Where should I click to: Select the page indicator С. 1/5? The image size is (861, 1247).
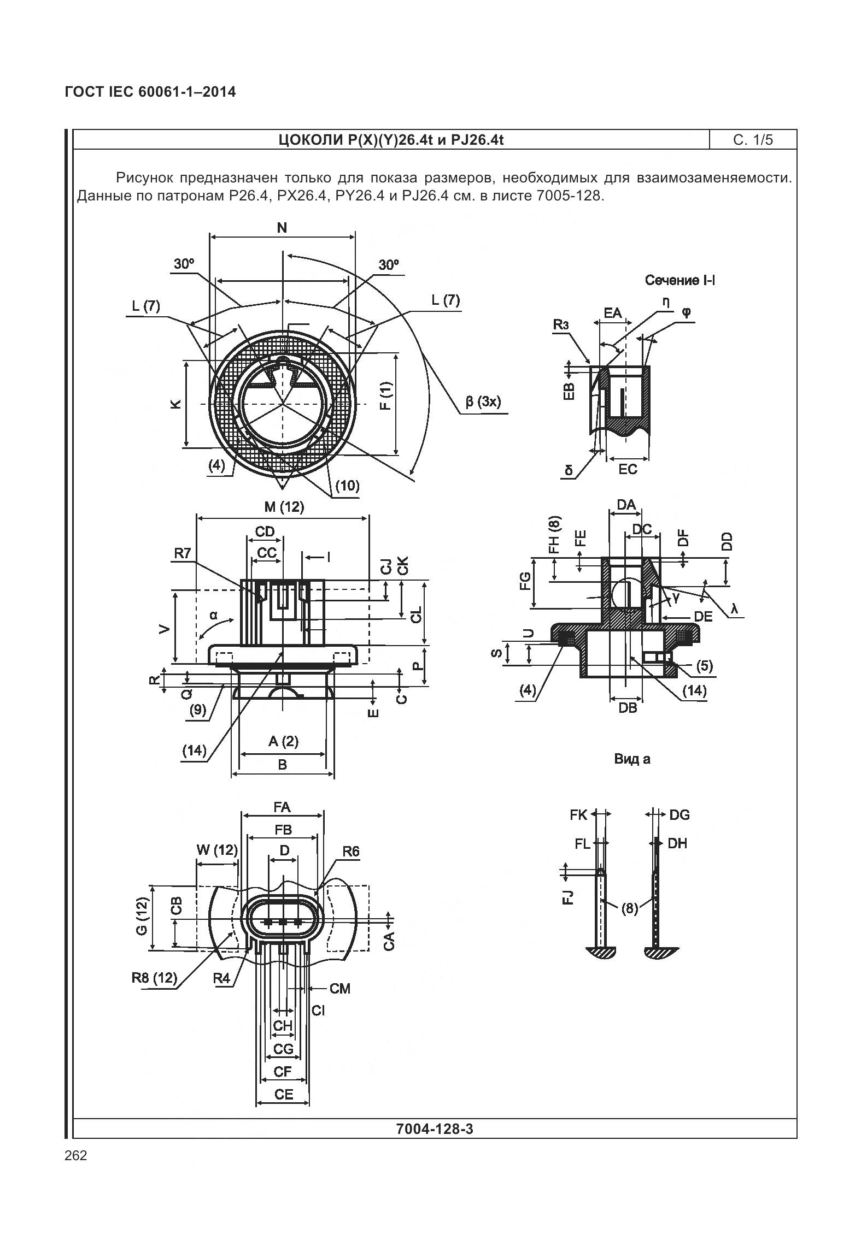[x=753, y=140]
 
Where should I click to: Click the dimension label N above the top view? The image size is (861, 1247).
[x=282, y=228]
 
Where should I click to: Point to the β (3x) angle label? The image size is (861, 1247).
[x=483, y=402]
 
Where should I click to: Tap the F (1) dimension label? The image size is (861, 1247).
[x=386, y=396]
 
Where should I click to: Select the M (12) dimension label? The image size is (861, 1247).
[x=284, y=507]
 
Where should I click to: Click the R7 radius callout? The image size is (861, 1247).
[x=183, y=553]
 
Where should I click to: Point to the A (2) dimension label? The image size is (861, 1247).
[x=283, y=741]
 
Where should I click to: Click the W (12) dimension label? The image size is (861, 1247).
[x=217, y=850]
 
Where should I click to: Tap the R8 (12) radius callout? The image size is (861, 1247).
[x=155, y=978]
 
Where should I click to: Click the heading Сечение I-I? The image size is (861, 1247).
[x=680, y=280]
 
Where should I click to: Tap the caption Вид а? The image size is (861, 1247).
[x=632, y=759]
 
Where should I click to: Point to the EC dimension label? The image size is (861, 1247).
[x=628, y=469]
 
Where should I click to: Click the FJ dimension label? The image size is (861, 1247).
[x=569, y=896]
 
